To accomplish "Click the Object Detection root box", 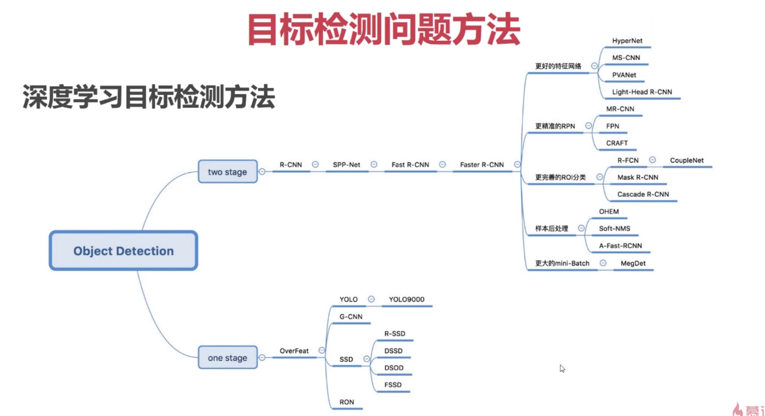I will coord(123,251).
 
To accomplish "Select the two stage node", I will coord(227,172).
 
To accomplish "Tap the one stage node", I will coord(227,358).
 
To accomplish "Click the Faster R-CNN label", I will coord(482,165).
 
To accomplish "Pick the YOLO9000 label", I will coord(406,299).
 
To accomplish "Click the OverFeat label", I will coord(294,351).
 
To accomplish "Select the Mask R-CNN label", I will coord(638,177).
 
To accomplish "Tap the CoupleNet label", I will coord(687,160).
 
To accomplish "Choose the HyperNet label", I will coord(627,41).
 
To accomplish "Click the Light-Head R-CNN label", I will coord(642,92).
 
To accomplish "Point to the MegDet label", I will coord(632,263).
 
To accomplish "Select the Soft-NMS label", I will coord(614,228).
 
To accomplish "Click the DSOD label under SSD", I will coord(394,368).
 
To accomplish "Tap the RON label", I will coord(346,402).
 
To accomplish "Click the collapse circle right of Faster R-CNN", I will coord(517,165).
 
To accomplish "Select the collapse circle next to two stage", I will coord(262,172).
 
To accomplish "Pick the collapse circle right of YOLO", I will coord(371,299).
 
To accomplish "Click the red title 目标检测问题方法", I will coord(382,29).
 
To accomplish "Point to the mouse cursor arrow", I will coord(562,368).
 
